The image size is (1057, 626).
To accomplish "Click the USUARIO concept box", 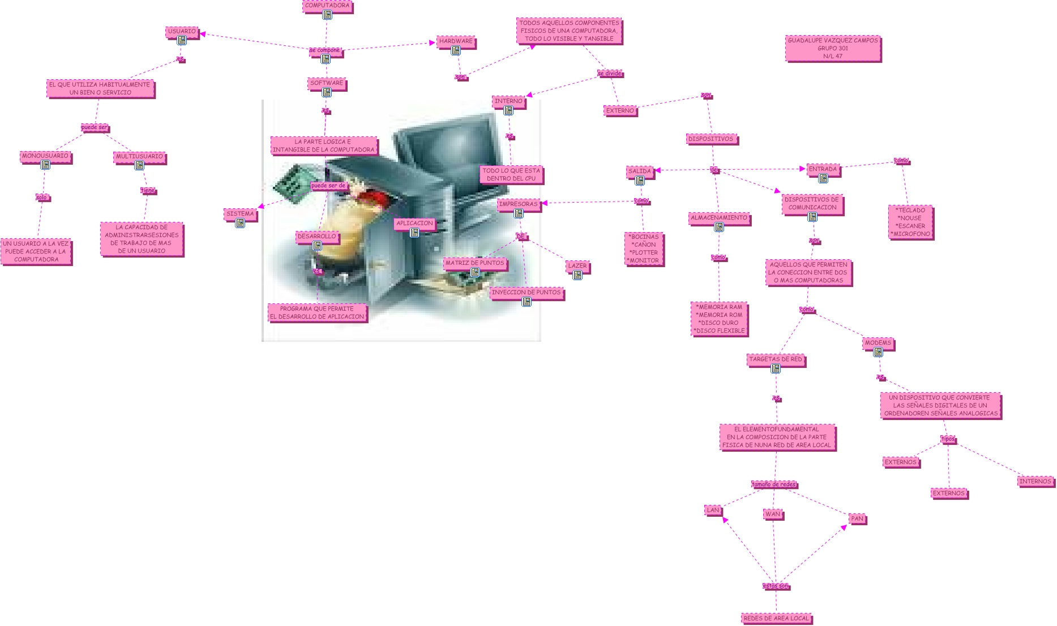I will [182, 31].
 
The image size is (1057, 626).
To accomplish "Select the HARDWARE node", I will [456, 41].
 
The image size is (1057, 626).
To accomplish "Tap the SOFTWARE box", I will [327, 83].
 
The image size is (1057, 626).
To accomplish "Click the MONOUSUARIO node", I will [45, 156].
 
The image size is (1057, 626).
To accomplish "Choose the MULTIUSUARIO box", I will [139, 156].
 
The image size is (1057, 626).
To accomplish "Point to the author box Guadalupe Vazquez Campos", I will [833, 49].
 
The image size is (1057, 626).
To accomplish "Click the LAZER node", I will [577, 265].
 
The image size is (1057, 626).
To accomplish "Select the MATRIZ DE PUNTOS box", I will [474, 263].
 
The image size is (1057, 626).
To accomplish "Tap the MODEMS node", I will [878, 343].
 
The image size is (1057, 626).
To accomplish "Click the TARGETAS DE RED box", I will [776, 359].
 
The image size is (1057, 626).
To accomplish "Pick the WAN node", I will [773, 514].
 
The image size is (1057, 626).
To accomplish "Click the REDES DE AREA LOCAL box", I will [776, 618].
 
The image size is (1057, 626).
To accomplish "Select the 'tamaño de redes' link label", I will [774, 484].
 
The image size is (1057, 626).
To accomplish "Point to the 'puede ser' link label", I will [94, 127].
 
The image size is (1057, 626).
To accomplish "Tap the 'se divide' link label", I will [609, 74].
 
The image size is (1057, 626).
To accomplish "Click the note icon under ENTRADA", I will [823, 178].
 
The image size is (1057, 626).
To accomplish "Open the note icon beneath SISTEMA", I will [240, 223].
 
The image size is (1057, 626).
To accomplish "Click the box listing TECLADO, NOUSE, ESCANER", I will [910, 222].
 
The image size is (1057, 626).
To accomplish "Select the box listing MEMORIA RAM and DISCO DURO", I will [719, 319].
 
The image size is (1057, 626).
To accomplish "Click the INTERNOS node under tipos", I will [1035, 482].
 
